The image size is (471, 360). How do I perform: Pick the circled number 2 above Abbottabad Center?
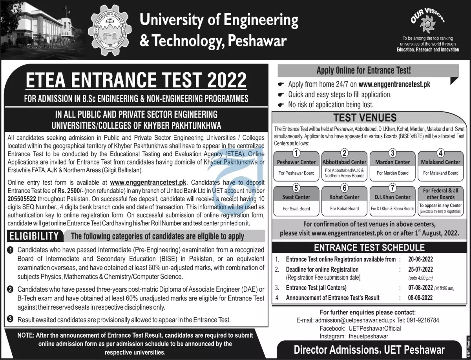tap(344, 153)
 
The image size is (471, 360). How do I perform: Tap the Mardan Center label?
tap(392, 162)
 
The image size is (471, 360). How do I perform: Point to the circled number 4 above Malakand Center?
tap(440, 153)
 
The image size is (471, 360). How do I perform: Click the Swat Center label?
tap(296, 197)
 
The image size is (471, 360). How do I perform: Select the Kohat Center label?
tap(344, 197)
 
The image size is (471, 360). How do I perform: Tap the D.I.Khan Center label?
tap(392, 197)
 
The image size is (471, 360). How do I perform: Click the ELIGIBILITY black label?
tap(34, 236)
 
